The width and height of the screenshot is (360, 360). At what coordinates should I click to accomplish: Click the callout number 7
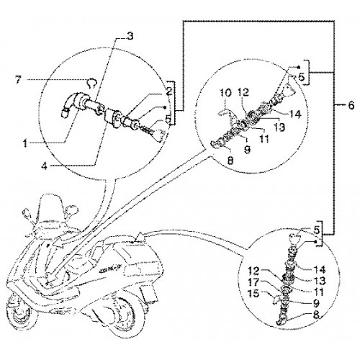[x=18, y=81]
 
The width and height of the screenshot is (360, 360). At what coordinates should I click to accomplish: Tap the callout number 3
[x=130, y=37]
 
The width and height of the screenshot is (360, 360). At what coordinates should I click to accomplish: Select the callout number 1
[x=25, y=143]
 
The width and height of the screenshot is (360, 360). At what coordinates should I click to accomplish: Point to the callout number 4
[x=45, y=166]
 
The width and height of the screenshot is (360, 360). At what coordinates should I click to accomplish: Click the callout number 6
[x=351, y=105]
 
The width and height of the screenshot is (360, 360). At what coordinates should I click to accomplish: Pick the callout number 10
[x=225, y=93]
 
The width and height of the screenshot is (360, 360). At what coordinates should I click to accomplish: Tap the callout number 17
[x=253, y=282]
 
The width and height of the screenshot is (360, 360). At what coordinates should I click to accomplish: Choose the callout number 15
[x=253, y=294]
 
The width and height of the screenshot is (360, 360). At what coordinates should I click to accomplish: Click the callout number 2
[x=168, y=91]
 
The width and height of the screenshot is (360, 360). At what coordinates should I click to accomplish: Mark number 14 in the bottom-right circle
[x=319, y=269]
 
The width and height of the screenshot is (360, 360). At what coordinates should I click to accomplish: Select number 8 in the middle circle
[x=230, y=161]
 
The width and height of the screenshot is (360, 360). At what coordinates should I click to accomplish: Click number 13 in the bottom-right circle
[x=319, y=281]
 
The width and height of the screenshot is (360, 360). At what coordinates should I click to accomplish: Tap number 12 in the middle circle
[x=243, y=93]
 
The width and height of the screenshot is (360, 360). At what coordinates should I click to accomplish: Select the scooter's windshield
[x=50, y=207]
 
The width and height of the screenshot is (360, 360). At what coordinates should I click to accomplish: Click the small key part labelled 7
[x=91, y=84]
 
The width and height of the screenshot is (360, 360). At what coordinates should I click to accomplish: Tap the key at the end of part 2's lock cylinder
[x=160, y=135]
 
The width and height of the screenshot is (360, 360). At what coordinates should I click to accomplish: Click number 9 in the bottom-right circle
[x=317, y=303]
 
